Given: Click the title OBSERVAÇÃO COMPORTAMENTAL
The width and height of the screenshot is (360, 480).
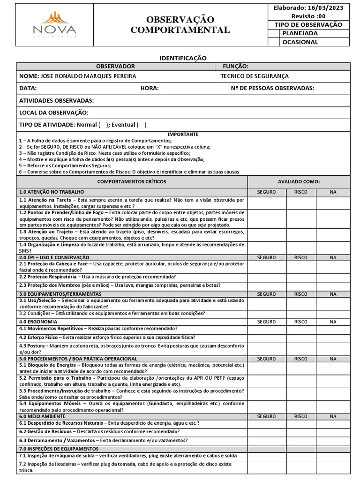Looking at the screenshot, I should pyautogui.click(x=180, y=25).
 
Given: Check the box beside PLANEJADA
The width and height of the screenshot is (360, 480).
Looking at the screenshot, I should pyautogui.click(x=274, y=33).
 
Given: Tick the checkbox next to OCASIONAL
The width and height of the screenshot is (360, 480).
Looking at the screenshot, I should pyautogui.click(x=274, y=42).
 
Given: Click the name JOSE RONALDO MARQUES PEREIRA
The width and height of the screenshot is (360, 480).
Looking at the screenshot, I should pyautogui.click(x=78, y=76).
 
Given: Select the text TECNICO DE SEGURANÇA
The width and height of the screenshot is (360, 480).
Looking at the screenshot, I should pyautogui.click(x=255, y=76).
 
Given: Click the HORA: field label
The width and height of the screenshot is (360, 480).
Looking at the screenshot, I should pyautogui.click(x=150, y=88).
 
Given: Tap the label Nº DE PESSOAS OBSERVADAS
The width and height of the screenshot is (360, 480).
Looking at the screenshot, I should pyautogui.click(x=272, y=88).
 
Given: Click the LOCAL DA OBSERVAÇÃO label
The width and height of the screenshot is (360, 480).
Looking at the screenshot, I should pyautogui.click(x=53, y=112).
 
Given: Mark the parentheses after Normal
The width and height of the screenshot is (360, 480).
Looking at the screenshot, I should pyautogui.click(x=104, y=125).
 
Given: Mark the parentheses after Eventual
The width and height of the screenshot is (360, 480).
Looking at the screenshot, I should pyautogui.click(x=142, y=125).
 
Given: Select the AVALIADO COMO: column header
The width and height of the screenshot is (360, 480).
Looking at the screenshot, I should pyautogui.click(x=299, y=181).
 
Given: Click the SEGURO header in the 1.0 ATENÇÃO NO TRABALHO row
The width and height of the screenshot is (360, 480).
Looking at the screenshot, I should pyautogui.click(x=267, y=192).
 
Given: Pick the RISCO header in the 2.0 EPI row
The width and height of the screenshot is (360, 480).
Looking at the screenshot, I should pyautogui.click(x=300, y=257).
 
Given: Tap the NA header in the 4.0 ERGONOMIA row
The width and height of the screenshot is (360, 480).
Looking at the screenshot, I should pyautogui.click(x=332, y=322).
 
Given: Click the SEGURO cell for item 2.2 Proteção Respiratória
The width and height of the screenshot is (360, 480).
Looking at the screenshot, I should pyautogui.click(x=267, y=277).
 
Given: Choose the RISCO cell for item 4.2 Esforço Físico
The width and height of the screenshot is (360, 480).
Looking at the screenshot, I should pyautogui.click(x=300, y=337).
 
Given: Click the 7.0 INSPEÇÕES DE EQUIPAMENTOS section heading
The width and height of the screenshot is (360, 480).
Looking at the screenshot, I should pyautogui.click(x=59, y=449).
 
